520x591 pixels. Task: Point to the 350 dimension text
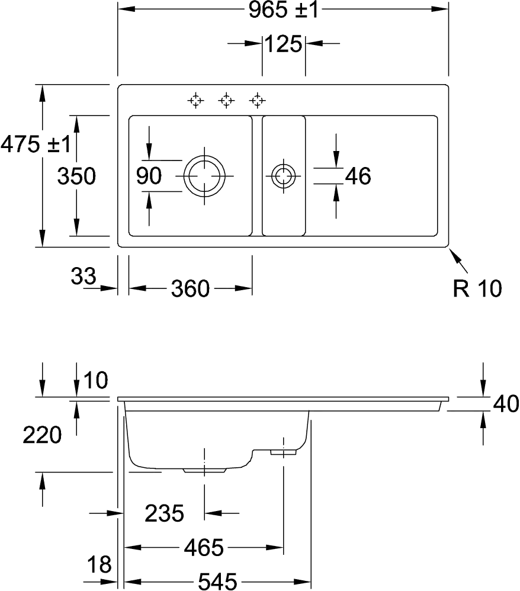pos(76,176)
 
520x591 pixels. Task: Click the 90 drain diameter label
pos(149,176)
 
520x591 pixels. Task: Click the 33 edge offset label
pos(84,275)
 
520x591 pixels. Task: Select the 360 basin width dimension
pos(191,289)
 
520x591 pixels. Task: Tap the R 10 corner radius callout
pos(478,288)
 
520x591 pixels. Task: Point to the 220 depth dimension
pos(42,435)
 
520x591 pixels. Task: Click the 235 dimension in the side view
pos(164,513)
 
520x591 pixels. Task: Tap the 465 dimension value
pos(203,548)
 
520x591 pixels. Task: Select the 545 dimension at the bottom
pos(217,582)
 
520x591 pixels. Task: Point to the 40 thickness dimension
pos(506,404)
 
